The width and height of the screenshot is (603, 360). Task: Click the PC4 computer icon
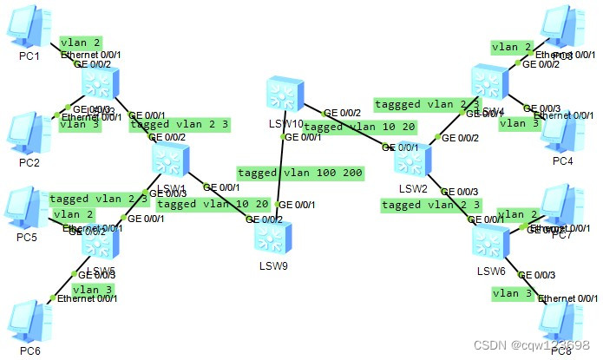561,133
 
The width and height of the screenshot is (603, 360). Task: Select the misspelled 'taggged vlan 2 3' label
427,104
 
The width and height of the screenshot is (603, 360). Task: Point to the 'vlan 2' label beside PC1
81,42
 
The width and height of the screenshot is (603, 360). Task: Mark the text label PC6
30,350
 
